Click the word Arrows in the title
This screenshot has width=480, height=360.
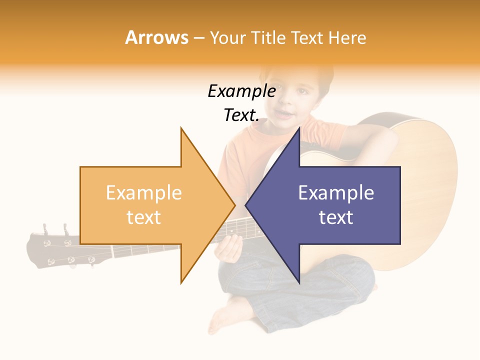pos(156,37)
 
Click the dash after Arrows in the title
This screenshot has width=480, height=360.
pos(198,38)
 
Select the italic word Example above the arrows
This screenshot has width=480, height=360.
pos(241,91)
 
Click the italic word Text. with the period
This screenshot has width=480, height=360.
pos(241,115)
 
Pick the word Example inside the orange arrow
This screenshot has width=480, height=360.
pos(143,193)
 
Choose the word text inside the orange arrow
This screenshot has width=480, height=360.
pos(143,217)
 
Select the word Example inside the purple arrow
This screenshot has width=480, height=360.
pos(336,193)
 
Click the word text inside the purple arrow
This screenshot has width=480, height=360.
pos(336,217)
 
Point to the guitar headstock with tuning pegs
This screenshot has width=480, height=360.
pos(55,248)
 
